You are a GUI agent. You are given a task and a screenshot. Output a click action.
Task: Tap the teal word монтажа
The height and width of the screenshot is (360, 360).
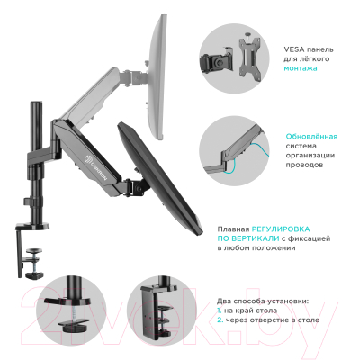[289, 67]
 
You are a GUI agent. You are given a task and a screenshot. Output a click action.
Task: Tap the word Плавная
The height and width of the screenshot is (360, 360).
[234, 229]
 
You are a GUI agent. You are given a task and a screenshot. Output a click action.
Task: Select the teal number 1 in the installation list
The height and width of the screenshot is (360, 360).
[219, 309]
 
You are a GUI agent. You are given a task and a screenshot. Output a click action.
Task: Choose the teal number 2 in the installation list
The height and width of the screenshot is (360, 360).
[219, 319]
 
